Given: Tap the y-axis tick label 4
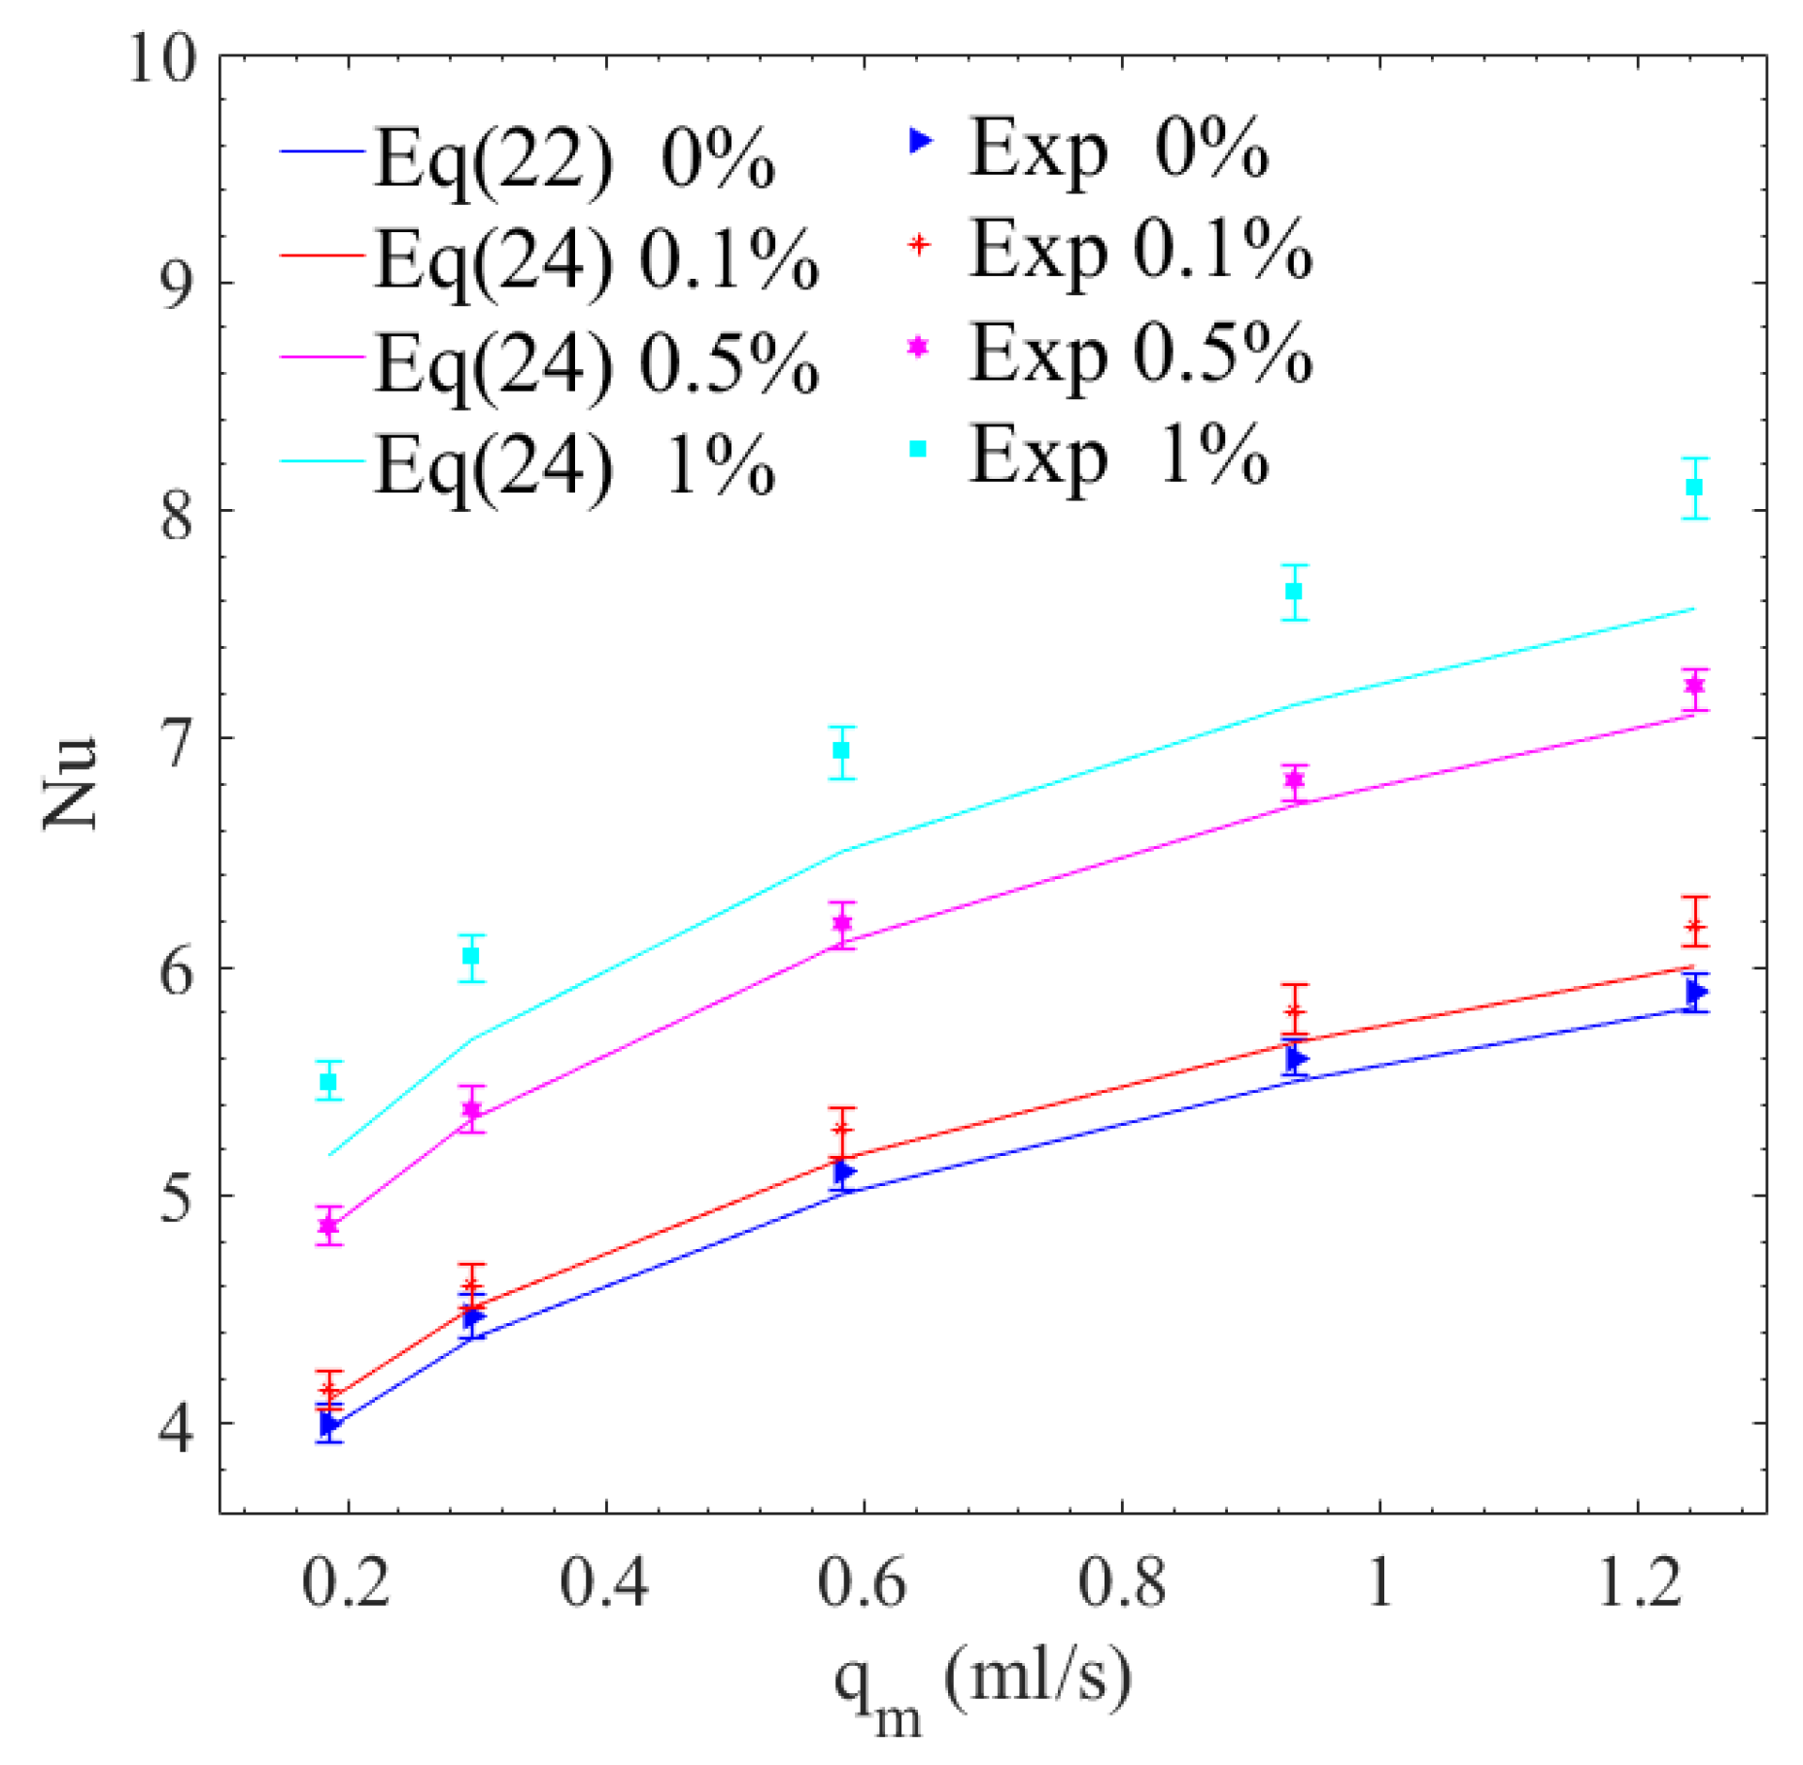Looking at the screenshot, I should [176, 1424].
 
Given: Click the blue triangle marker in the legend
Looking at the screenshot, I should [918, 142].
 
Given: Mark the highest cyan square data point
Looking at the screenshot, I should [1694, 487].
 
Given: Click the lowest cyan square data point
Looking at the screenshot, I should [328, 1081].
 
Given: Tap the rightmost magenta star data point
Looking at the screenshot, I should [1694, 685].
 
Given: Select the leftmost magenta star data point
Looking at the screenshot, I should [328, 1226].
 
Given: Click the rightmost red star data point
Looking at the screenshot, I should [1694, 925].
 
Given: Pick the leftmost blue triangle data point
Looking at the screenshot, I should [329, 1425].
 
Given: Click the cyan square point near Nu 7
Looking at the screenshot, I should [841, 751].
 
